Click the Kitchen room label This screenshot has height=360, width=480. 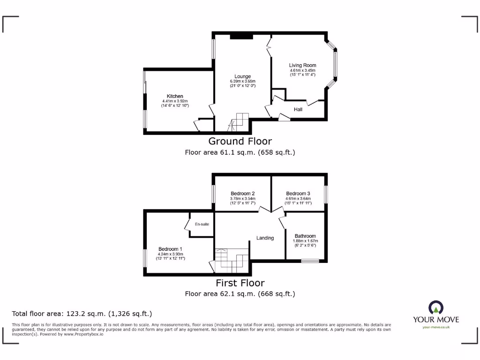[x=175, y=96]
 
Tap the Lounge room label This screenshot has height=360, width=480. [x=242, y=76]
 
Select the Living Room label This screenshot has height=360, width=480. [x=302, y=65]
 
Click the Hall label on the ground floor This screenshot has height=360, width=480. [x=298, y=109]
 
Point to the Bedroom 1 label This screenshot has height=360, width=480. [x=170, y=249]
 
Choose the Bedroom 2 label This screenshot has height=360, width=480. [x=242, y=194]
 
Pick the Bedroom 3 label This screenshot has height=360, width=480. [x=298, y=194]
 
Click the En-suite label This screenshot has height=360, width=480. [x=202, y=225]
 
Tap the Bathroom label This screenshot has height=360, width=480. [x=305, y=236]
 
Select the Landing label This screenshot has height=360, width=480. [x=265, y=238]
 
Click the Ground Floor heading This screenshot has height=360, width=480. [x=240, y=141]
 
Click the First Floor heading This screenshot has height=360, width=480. [x=240, y=283]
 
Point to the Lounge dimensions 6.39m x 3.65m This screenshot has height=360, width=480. [x=242, y=81]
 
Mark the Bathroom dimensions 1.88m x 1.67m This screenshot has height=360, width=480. [x=305, y=241]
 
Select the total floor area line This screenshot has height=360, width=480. [x=82, y=314]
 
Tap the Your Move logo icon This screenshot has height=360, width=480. [x=435, y=307]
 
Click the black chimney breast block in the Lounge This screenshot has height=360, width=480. [x=241, y=37]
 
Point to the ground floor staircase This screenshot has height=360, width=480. [x=240, y=121]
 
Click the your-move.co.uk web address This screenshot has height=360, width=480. [x=435, y=327]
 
